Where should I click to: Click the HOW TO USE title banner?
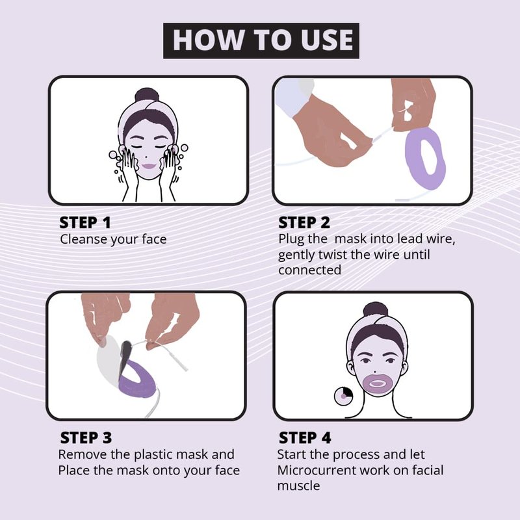(x=261, y=40)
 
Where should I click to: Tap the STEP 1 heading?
(x=85, y=222)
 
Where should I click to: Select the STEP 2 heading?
(x=304, y=222)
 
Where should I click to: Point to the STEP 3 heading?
(x=86, y=437)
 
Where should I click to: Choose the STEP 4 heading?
(x=305, y=437)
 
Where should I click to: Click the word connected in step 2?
(x=310, y=270)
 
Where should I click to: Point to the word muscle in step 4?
(x=298, y=486)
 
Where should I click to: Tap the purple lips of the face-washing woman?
(x=148, y=166)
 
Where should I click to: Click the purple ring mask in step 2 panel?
(x=423, y=159)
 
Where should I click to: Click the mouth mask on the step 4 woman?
(x=377, y=384)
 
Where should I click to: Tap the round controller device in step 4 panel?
(x=343, y=396)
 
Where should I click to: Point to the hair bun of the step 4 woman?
(x=376, y=309)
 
